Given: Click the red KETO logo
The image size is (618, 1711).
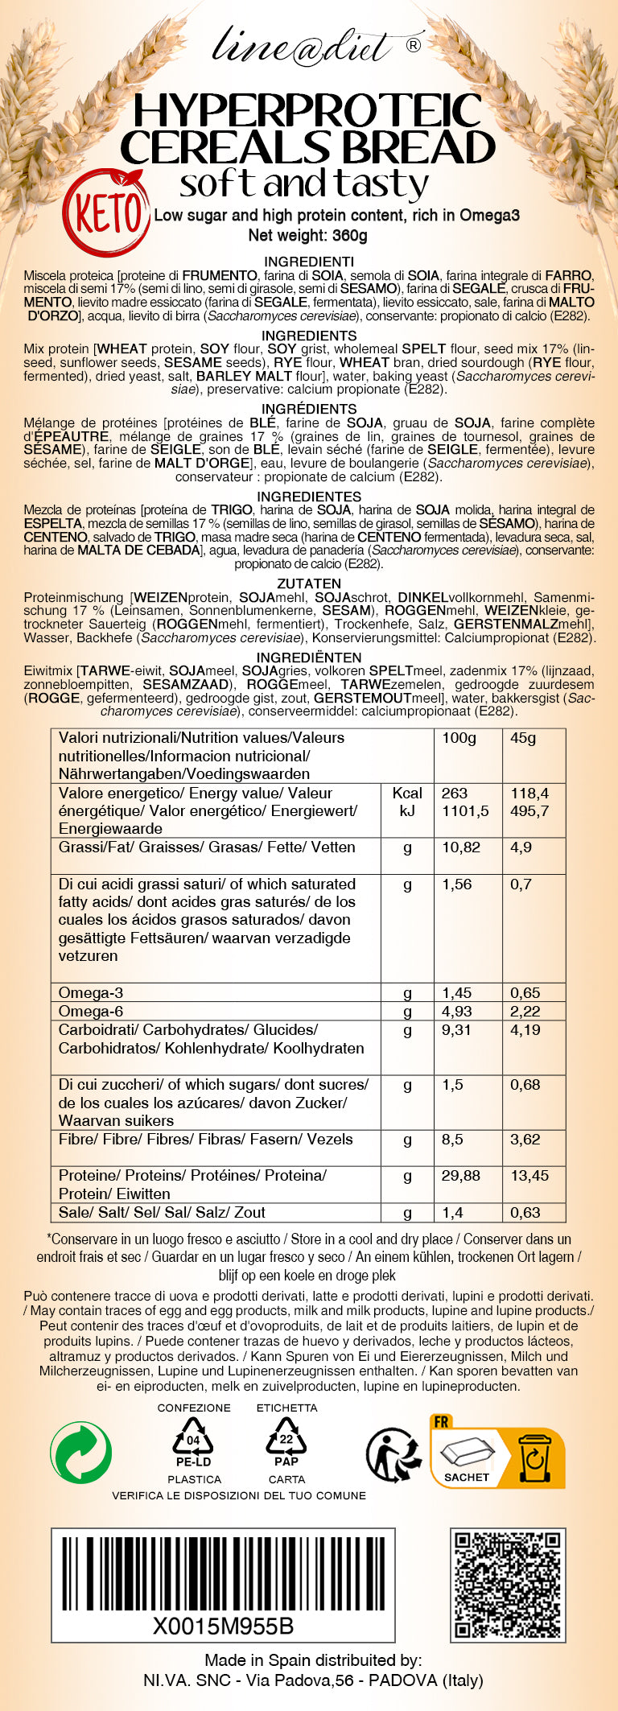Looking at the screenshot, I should tap(107, 212).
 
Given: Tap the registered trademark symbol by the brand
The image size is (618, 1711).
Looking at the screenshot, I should tap(414, 46).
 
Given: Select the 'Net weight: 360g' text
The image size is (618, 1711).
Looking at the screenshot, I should tap(308, 236).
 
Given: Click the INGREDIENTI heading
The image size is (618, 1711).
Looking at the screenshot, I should tap(309, 262).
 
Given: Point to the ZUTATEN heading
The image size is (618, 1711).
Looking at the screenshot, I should tap(309, 583).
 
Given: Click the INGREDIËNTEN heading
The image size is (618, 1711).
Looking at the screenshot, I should tap(309, 658).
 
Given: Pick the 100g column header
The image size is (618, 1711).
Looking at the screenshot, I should tap(459, 738).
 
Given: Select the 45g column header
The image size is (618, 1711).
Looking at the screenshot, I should tap(523, 738).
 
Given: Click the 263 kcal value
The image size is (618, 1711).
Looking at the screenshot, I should tap(455, 793).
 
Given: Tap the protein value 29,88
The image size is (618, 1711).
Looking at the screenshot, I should tap(461, 1176).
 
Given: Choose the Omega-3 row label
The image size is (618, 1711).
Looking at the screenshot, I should tap(91, 993).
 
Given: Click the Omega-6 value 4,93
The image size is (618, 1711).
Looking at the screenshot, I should tap(457, 1012).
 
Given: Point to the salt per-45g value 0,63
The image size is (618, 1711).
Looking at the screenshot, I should tap(525, 1213).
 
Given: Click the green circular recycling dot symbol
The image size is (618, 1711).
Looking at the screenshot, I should tap(81, 1452).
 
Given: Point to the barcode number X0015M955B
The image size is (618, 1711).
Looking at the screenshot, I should tap(224, 1626).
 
